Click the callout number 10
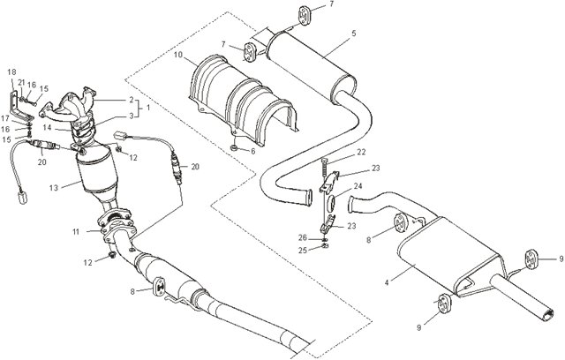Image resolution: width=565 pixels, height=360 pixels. (x=177, y=56)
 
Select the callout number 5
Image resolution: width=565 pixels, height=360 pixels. (x=353, y=34)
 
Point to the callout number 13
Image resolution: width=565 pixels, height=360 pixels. (x=54, y=186)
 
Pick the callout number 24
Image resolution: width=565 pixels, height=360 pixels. (x=358, y=187)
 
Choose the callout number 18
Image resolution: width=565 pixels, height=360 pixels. (x=11, y=71)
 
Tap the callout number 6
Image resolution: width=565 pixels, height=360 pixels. (x=254, y=150)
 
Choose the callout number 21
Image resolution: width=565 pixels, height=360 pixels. (x=22, y=81)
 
